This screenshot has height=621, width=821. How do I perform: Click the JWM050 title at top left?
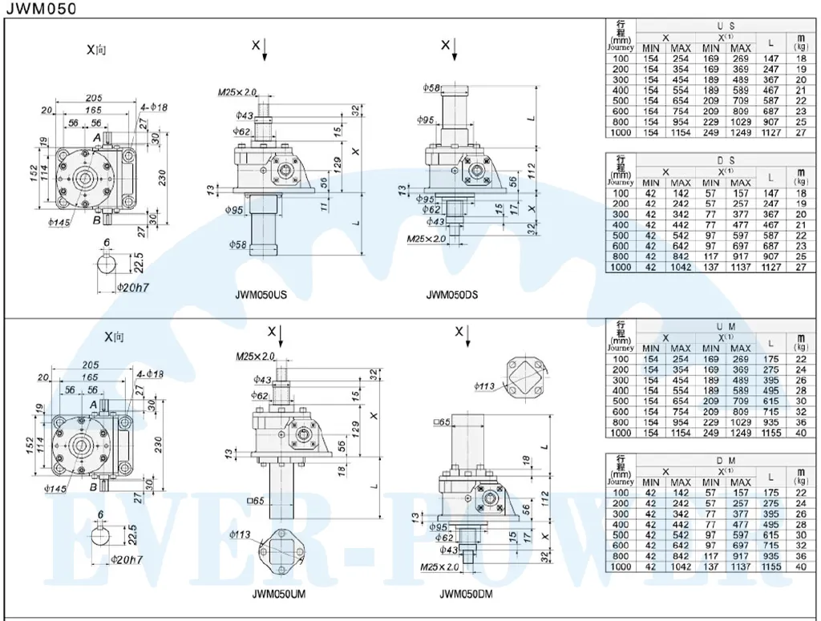click(42, 10)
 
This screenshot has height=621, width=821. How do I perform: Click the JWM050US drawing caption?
click(261, 295)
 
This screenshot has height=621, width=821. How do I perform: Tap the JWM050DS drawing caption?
click(451, 295)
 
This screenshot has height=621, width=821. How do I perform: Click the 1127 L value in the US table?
click(770, 133)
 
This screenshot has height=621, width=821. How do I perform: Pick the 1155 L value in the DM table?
click(770, 567)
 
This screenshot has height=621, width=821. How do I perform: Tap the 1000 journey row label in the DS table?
click(620, 268)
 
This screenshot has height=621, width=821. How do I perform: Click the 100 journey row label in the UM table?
click(620, 359)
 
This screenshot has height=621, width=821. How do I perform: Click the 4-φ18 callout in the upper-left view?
click(152, 107)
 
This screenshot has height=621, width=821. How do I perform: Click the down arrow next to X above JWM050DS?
click(455, 49)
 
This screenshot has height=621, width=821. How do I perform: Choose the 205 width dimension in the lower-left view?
click(92, 363)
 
